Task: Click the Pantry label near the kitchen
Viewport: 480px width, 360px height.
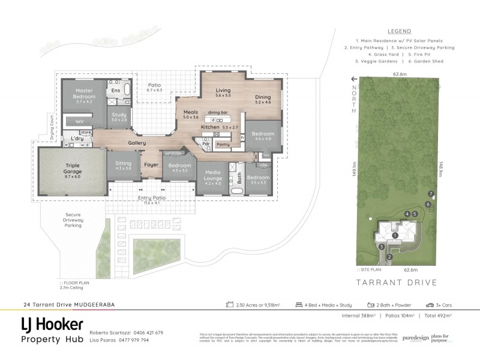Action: [223, 145]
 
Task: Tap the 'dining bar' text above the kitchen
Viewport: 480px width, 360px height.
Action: [218, 112]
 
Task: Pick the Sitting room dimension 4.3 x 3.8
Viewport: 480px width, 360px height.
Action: [123, 168]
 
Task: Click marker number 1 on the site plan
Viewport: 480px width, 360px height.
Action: [395, 235]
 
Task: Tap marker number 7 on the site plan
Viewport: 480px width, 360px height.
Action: [431, 193]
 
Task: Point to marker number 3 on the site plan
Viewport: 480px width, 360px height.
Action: [381, 246]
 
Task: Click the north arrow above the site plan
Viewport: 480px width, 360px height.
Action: [355, 79]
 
